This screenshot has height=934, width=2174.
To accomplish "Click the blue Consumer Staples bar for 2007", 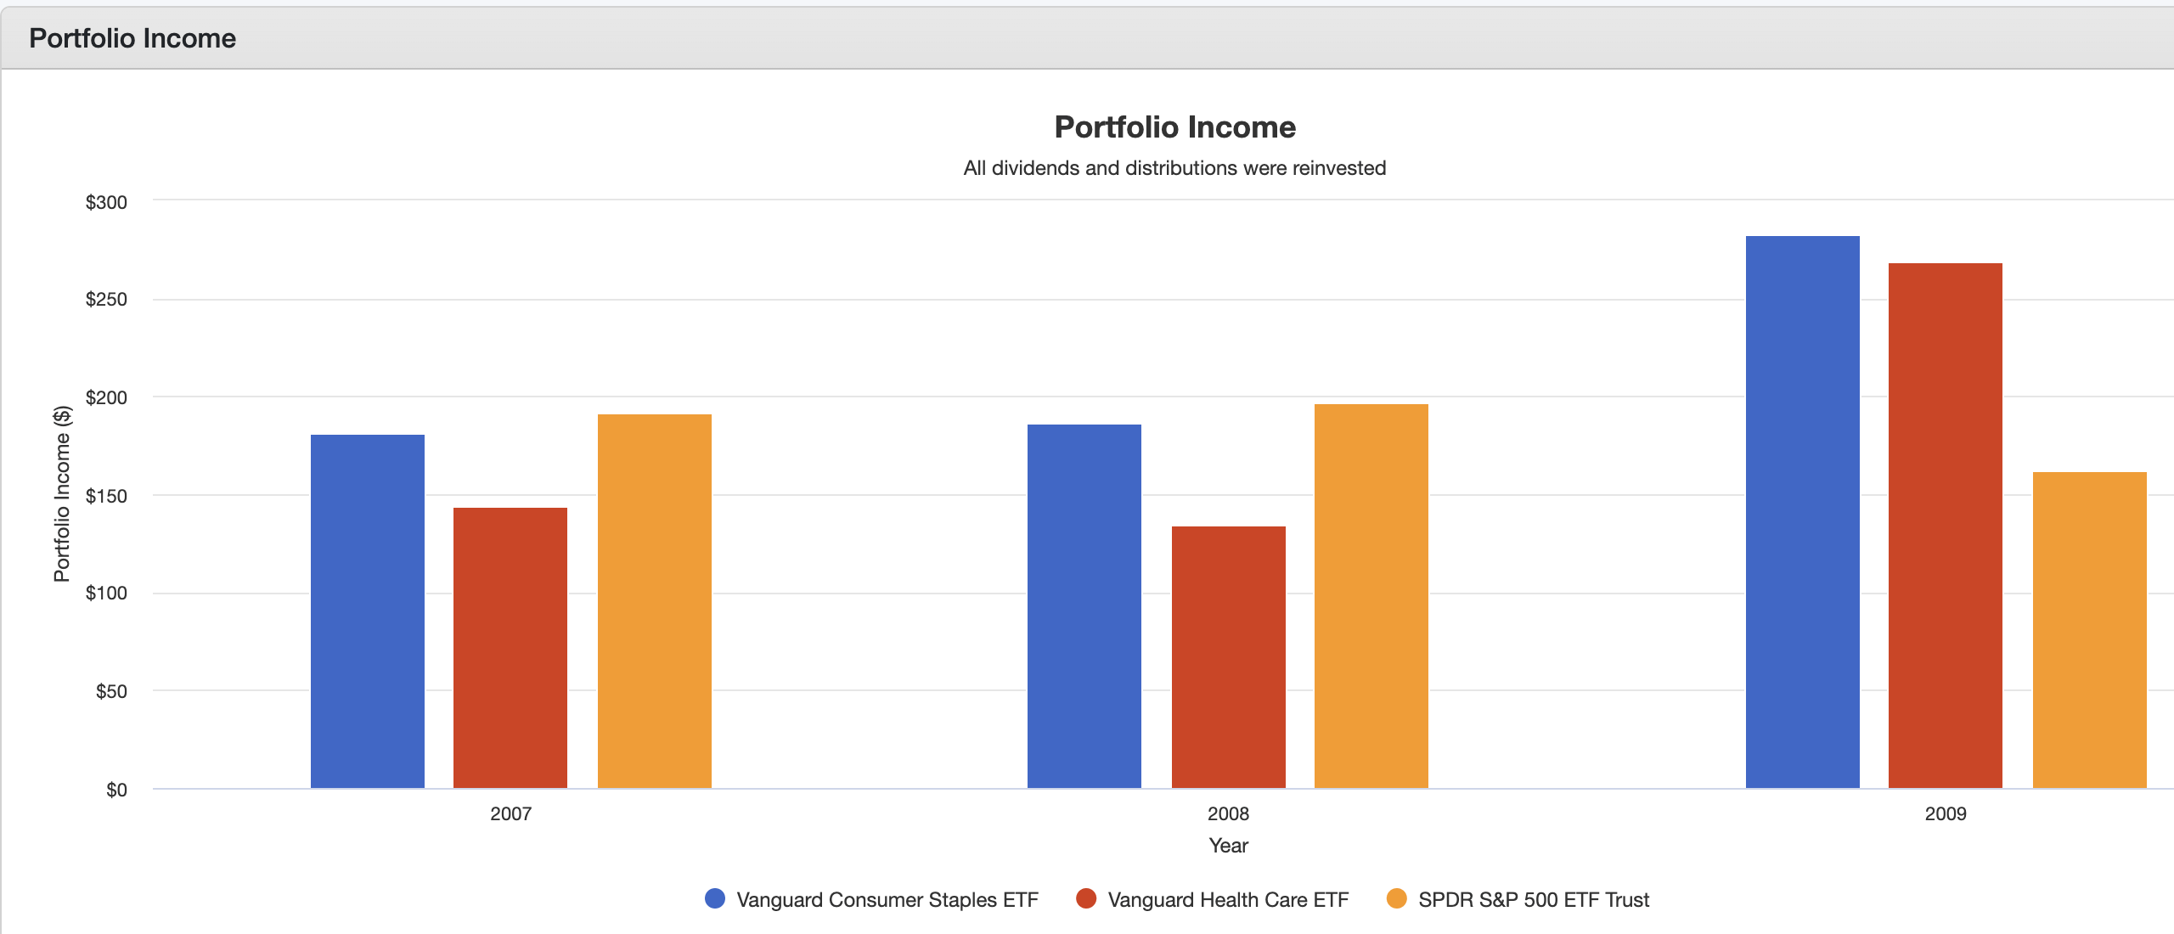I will pos(367,611).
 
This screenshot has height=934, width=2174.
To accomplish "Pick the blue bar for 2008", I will pos(1084,606).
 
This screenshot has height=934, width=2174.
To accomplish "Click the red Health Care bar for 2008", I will pos(1228,657).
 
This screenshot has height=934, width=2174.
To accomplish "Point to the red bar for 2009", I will pos(1945,526).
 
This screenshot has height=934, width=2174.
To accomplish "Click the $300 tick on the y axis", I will pos(106,202).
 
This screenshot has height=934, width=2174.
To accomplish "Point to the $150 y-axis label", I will pos(106,496).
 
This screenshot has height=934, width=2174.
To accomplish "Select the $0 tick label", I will pos(116,790).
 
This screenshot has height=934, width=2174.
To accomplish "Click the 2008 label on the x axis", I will pos(1228,813).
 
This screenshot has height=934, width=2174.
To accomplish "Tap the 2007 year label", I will pos(510,813).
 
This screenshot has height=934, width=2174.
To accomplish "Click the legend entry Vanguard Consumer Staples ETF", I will pos(887,899).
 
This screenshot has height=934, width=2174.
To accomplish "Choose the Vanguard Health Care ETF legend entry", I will pos(1227,899).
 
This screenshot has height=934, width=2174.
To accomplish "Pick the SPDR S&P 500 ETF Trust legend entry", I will pos(1533,899).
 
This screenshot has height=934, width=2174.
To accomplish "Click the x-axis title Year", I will pos(1228,845).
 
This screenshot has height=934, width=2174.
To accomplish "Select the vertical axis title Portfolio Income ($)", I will pos(62,494).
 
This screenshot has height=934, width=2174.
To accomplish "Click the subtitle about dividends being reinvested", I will pos(1174,168).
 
